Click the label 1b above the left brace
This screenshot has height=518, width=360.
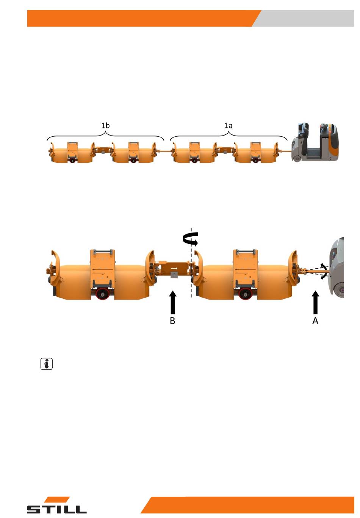point(105,126)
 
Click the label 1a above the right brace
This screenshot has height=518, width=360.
point(229,126)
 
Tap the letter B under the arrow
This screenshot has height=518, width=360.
point(172,321)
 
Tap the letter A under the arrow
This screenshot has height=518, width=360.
point(315,321)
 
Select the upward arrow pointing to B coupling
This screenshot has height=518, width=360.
point(172,302)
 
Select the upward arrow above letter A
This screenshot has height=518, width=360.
point(315,302)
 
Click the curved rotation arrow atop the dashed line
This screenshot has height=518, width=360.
point(190,239)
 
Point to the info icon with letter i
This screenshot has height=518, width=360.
point(47,364)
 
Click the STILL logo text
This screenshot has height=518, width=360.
point(57,509)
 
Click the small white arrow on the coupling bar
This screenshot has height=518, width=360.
point(174,268)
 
